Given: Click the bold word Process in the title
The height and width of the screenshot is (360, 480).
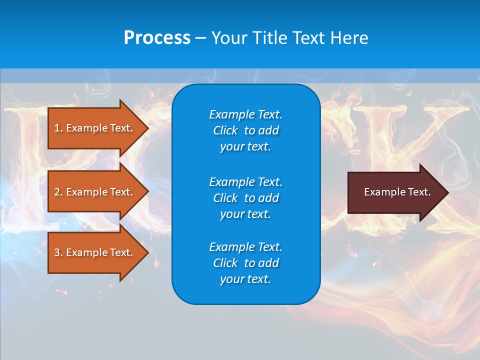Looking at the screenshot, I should tap(157, 38).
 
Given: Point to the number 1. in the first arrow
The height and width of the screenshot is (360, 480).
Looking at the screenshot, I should tap(58, 128).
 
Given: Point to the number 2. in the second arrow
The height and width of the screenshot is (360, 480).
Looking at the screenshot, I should tap(58, 192).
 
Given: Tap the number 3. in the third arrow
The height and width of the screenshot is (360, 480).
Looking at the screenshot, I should tap(58, 252).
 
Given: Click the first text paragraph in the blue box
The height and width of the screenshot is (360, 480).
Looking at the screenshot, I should tap(245, 130).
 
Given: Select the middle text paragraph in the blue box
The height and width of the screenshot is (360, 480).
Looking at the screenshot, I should tap(245, 197).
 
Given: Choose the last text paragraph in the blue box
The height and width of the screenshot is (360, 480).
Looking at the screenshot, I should tap(245, 263).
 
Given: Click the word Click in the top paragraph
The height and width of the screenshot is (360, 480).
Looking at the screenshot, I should tap(225, 130).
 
